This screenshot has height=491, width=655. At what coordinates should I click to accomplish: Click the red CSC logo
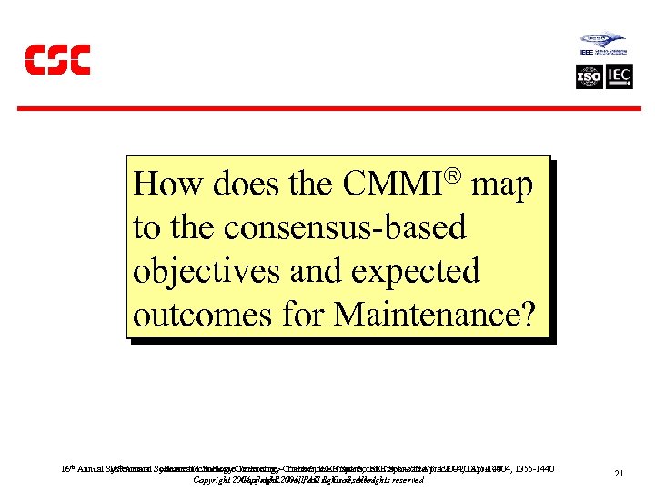(56, 59)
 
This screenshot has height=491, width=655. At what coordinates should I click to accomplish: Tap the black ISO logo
(589, 76)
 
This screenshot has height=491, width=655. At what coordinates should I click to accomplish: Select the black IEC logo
(620, 76)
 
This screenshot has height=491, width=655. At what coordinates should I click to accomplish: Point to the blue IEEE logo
(602, 45)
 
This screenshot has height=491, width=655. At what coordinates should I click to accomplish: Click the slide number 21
(619, 474)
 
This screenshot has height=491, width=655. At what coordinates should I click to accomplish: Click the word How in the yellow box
(169, 184)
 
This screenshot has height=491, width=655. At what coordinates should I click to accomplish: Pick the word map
(503, 185)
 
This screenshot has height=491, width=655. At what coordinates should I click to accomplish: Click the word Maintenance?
(435, 315)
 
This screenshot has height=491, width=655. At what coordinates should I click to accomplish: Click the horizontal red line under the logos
(327, 108)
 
